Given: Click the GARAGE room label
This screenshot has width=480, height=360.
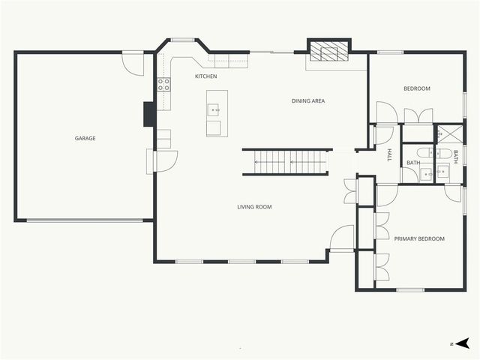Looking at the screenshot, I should (x=85, y=138).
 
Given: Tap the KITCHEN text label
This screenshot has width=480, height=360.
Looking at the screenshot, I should (x=206, y=76).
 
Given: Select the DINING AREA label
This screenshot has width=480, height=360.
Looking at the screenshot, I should (x=308, y=100).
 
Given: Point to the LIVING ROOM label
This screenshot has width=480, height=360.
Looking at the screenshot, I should (x=254, y=207).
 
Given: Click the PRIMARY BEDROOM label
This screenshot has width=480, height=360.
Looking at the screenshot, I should (x=419, y=238).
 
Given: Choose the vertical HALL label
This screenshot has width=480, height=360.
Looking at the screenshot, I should (x=389, y=155).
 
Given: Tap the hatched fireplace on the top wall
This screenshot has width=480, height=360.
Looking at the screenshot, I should (x=329, y=51).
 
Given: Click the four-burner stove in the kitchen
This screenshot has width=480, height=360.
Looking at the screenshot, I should (x=163, y=84).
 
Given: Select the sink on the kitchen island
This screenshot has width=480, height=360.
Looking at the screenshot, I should (x=214, y=110).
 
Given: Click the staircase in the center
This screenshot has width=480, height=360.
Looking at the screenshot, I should (x=286, y=162).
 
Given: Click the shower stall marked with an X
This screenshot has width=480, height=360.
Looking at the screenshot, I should (x=449, y=134).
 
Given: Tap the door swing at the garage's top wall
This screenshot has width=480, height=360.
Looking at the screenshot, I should (x=132, y=63).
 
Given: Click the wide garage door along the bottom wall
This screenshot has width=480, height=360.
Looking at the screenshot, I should (x=84, y=220).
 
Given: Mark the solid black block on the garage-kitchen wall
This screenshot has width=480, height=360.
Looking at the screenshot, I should (x=150, y=113).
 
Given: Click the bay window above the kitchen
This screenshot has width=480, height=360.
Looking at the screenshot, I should (x=182, y=40).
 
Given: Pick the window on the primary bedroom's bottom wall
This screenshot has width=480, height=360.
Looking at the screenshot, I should (x=410, y=289).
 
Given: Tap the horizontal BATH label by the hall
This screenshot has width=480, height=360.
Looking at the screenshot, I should (x=413, y=163).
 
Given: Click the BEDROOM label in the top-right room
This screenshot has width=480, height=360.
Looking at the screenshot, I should (x=417, y=88).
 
